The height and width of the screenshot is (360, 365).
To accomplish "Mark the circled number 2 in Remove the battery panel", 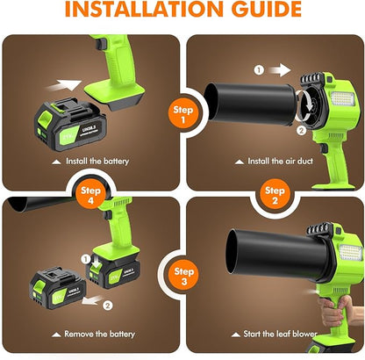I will (106, 305).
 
